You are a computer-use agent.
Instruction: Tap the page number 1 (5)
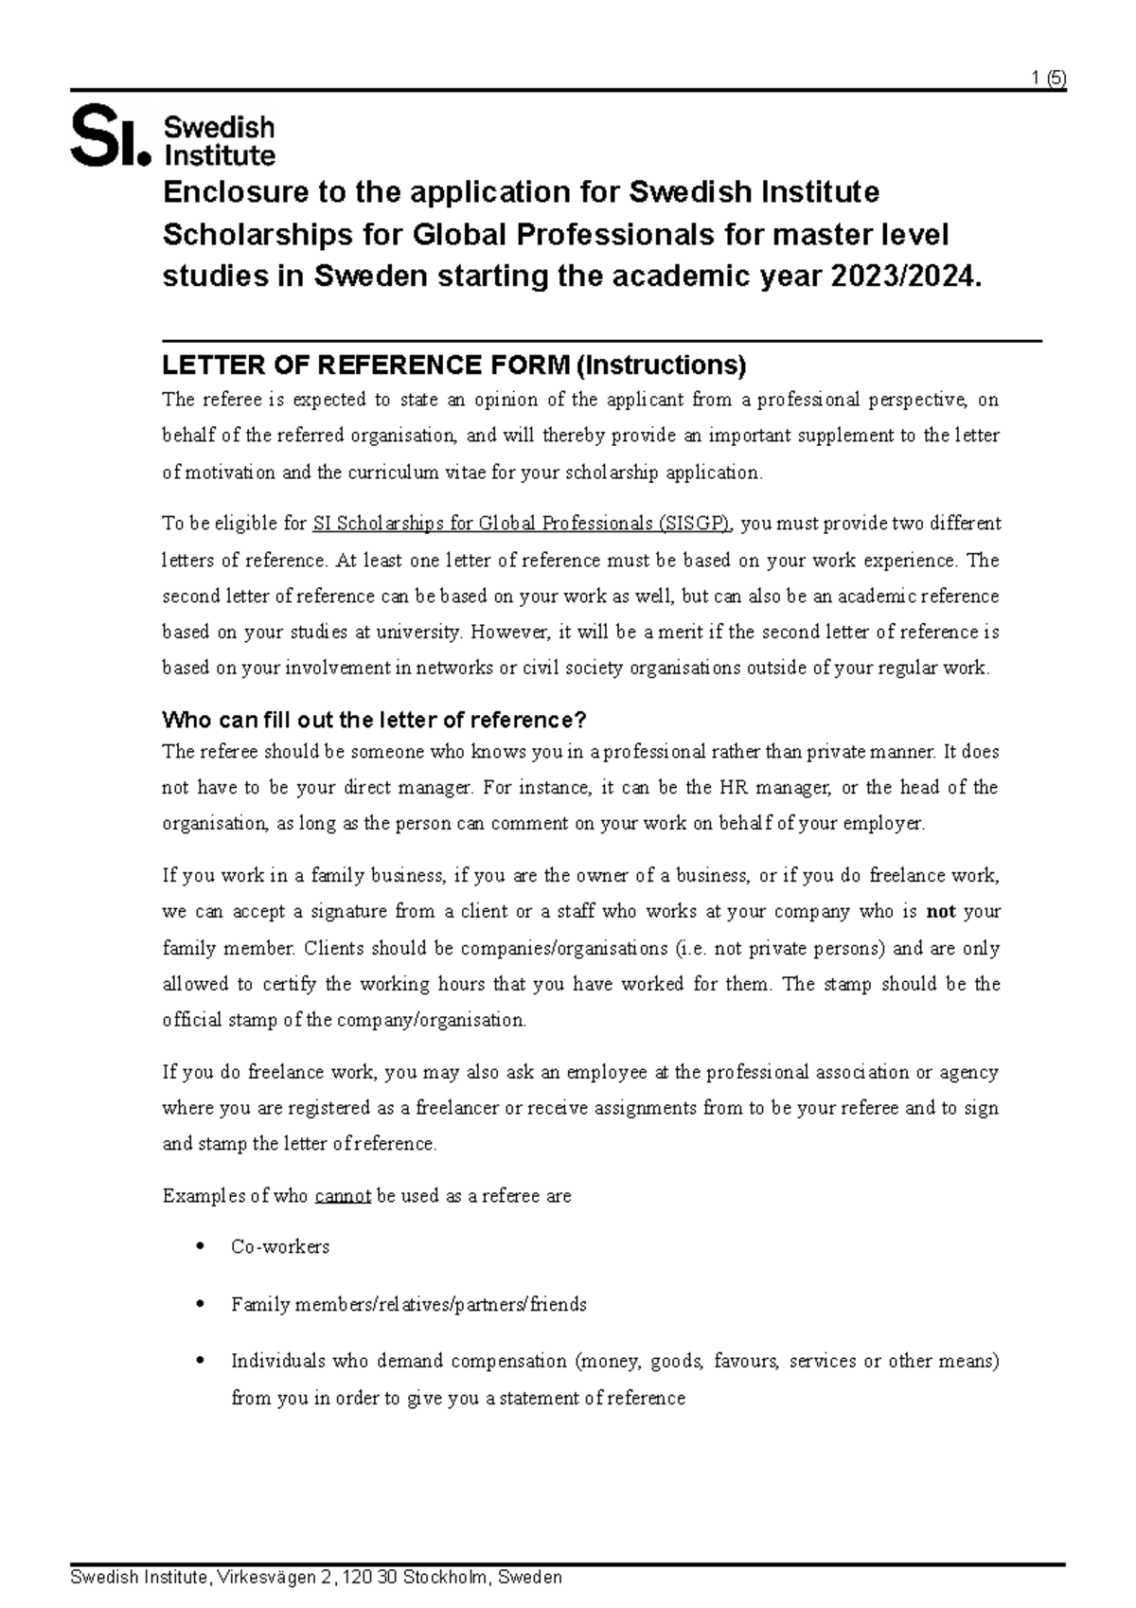[x=1049, y=80]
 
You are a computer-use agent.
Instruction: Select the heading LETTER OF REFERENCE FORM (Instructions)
[x=454, y=365]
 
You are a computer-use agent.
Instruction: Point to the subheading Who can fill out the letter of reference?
[x=375, y=720]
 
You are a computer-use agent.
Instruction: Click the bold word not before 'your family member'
[x=940, y=912]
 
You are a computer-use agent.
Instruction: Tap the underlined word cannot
[x=342, y=1196]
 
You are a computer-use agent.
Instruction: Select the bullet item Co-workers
[x=280, y=1247]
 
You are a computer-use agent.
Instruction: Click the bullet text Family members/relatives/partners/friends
[x=408, y=1305]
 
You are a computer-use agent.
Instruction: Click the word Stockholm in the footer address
[x=445, y=1578]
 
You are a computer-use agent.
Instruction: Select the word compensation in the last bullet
[x=508, y=1362]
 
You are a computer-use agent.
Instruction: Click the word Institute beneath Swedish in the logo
[x=220, y=155]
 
